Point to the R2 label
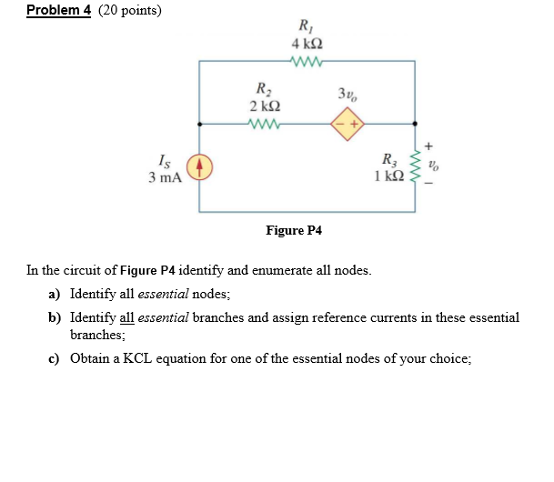coord(264,89)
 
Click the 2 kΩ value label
coord(264,105)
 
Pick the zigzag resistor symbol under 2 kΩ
coord(264,122)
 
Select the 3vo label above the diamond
coord(347,95)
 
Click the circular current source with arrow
coord(199,168)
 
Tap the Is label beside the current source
coord(164,161)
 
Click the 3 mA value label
coord(165,177)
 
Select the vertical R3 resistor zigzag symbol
coord(417,167)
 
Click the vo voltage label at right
coord(436,166)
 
